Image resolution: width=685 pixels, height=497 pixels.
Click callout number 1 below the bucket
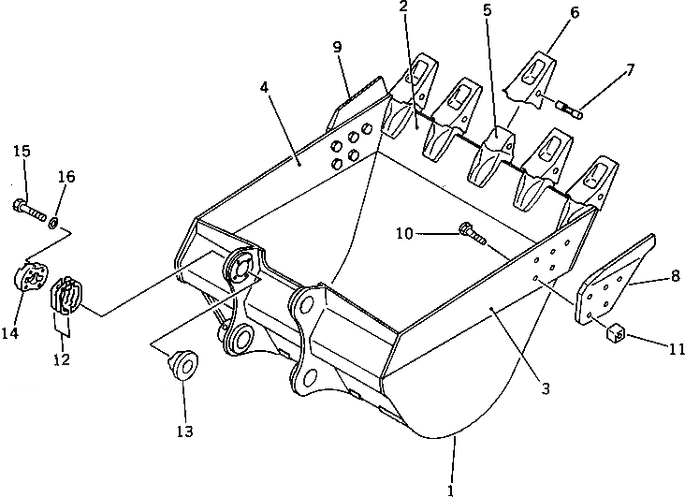(x=451, y=489)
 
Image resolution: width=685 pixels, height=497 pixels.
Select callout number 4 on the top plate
(x=265, y=88)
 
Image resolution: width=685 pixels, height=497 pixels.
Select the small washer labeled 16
(x=56, y=221)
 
